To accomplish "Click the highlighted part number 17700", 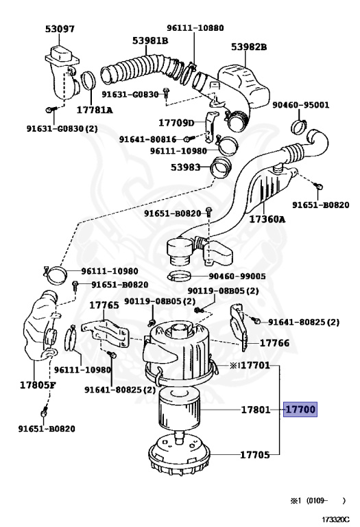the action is click(x=300, y=410).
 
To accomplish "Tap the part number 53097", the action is click(x=60, y=30).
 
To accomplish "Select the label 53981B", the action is click(x=150, y=40).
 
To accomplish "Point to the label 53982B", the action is click(x=249, y=47).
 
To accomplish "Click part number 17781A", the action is click(x=95, y=110).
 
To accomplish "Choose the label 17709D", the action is click(x=176, y=123).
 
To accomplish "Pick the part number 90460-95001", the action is click(x=300, y=105).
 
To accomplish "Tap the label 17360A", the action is click(x=267, y=220).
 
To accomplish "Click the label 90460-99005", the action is click(x=237, y=277).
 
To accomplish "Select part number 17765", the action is click(x=104, y=305).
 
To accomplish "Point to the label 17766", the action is click(x=274, y=343).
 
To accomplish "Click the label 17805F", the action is click(x=38, y=385).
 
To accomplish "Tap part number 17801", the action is click(x=256, y=410).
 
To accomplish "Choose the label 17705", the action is click(x=255, y=455).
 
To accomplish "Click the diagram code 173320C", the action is click(x=336, y=519).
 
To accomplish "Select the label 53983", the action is click(x=185, y=167).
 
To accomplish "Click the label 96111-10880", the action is click(x=195, y=27).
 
